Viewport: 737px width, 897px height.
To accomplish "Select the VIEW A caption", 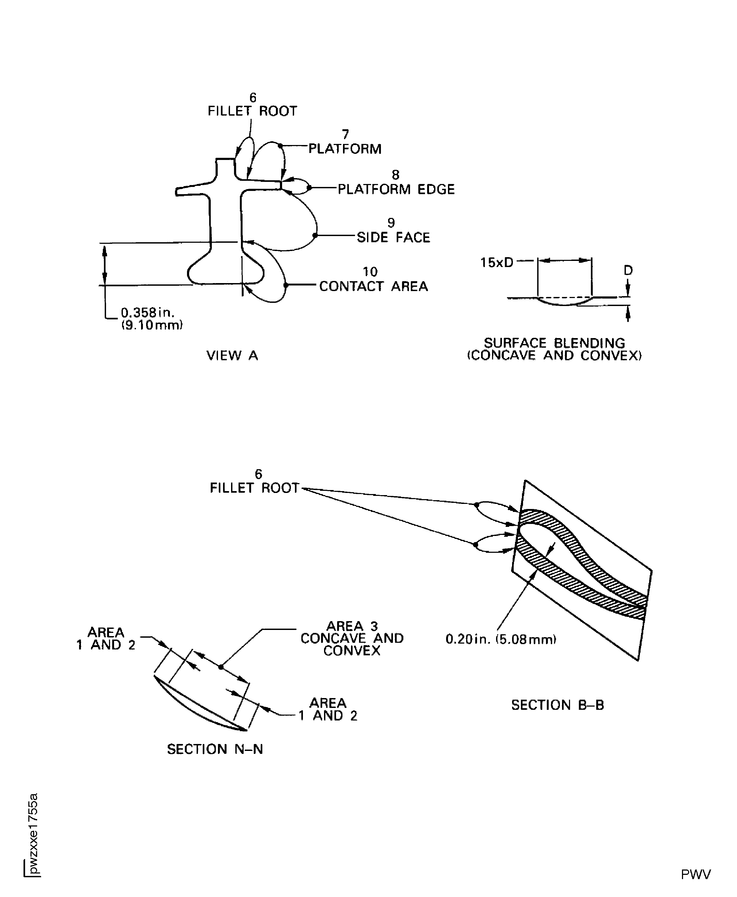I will click(232, 356).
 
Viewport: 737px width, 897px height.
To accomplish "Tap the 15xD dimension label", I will click(496, 263).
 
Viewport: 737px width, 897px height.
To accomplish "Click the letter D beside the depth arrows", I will click(628, 270).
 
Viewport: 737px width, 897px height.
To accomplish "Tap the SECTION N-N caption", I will click(215, 749).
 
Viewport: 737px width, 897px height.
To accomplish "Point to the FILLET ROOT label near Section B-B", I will click(254, 488).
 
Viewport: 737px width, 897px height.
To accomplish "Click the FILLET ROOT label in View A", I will click(252, 111).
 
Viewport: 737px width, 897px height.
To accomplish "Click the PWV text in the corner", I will click(695, 875).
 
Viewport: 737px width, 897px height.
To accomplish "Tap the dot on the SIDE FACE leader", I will click(315, 235).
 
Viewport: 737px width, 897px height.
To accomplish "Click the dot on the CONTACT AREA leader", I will click(286, 285).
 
